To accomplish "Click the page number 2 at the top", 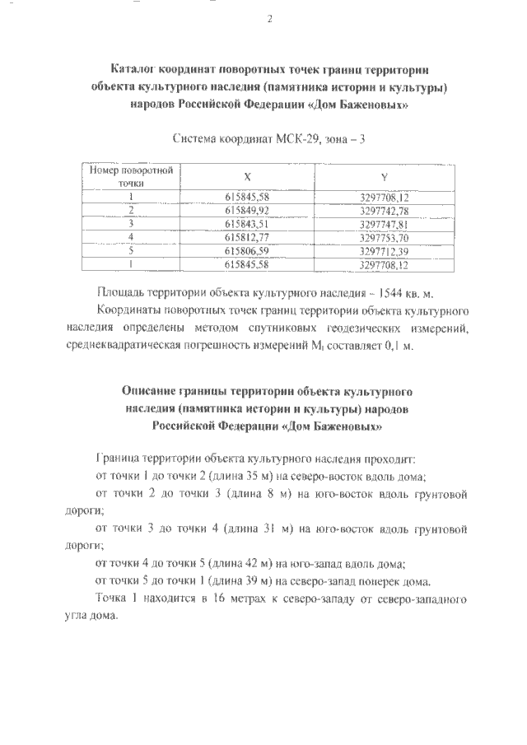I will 269,20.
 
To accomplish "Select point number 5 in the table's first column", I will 131,251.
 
